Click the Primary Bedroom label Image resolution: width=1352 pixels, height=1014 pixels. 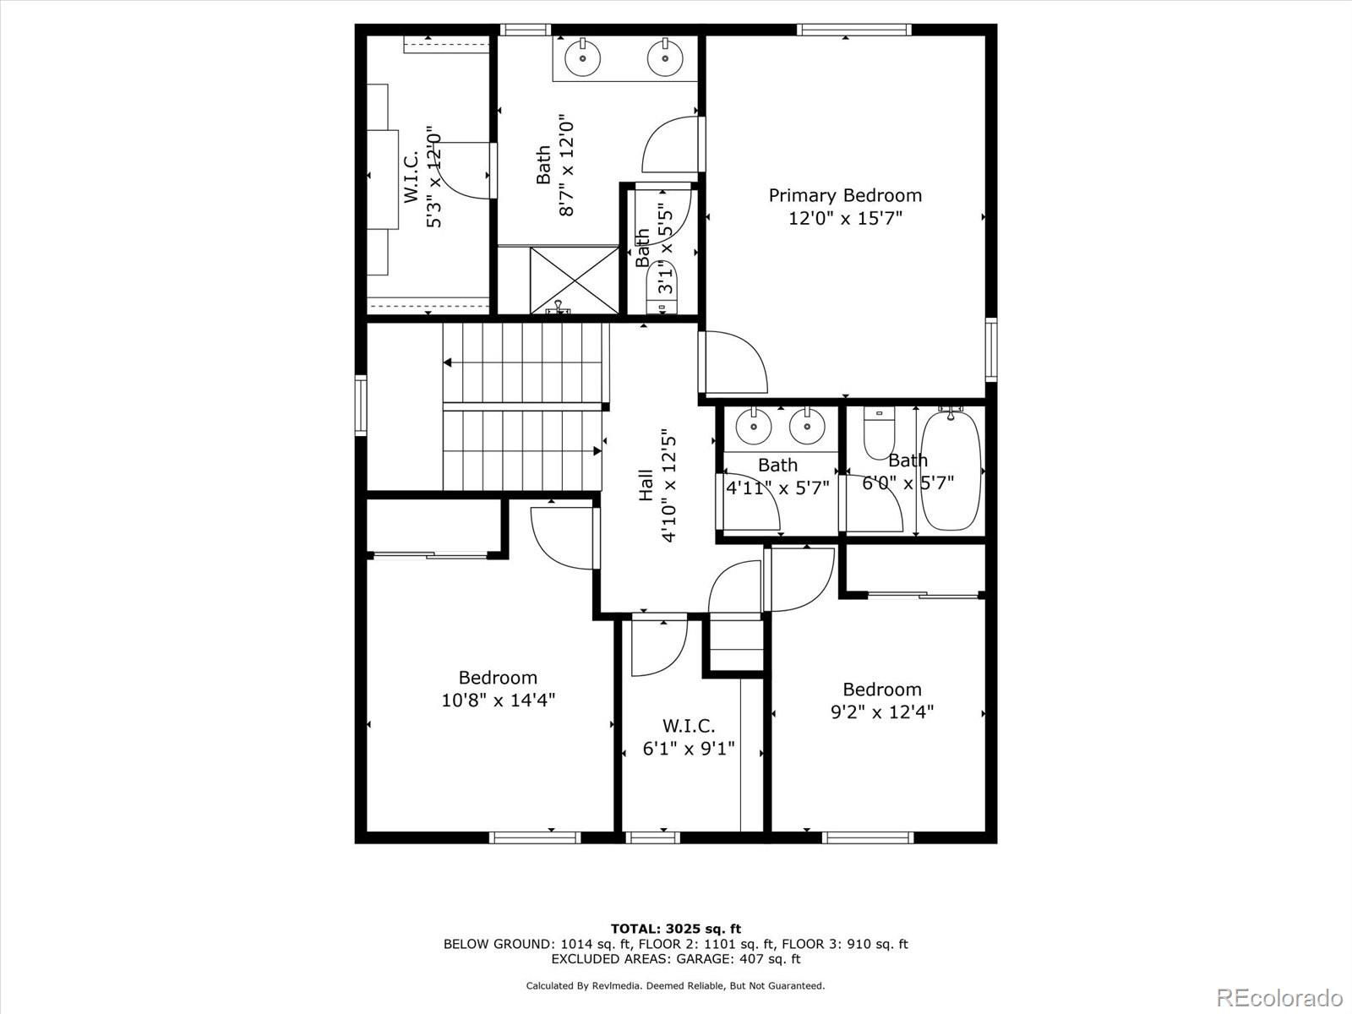[845, 196]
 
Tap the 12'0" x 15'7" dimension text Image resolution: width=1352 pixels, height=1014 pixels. [845, 218]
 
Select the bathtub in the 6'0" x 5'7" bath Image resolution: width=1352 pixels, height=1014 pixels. [951, 471]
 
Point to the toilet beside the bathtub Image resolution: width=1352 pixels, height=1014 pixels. [879, 433]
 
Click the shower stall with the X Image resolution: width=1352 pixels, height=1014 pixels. [574, 281]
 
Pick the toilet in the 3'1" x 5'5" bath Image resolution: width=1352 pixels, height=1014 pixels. [662, 287]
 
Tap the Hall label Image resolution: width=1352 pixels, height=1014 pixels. [646, 485]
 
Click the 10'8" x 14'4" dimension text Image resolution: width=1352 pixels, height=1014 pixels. [499, 700]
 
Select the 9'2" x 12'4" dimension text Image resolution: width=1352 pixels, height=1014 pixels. [882, 711]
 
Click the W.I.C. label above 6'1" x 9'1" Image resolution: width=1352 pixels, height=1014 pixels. [689, 726]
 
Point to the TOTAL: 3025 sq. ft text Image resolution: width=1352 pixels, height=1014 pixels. [676, 929]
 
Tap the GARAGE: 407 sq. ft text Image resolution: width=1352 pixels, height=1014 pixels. [739, 958]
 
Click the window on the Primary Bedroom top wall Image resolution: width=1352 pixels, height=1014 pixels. [853, 30]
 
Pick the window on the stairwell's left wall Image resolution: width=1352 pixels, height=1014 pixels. [361, 405]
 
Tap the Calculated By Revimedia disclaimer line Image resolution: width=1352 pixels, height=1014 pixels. [675, 985]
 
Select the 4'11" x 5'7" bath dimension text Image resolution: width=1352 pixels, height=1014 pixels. [777, 488]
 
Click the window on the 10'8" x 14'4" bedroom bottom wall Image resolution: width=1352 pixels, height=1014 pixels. [535, 837]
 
